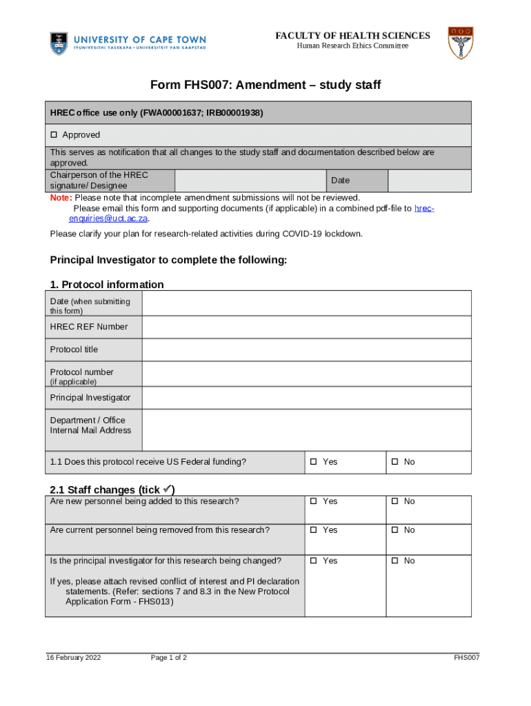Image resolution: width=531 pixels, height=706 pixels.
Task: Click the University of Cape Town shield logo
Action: (x=60, y=43)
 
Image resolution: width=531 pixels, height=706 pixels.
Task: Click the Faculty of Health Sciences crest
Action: (x=460, y=43)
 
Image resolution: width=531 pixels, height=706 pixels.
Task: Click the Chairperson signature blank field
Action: (x=250, y=181)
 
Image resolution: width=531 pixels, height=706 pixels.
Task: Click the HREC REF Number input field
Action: (x=306, y=327)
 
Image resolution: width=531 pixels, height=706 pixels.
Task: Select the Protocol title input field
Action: (x=306, y=350)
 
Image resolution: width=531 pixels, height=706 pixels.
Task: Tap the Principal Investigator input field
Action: (x=306, y=398)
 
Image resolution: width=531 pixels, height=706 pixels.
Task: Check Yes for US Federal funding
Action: (x=313, y=462)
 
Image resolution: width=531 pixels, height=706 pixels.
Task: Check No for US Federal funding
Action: (x=394, y=462)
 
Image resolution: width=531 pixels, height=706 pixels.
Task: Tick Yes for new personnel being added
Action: (x=313, y=501)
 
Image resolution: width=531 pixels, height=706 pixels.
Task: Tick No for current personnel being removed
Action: (x=394, y=530)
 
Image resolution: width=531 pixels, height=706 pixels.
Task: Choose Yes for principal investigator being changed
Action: (x=313, y=561)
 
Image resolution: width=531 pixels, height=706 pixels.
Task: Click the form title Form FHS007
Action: (x=265, y=85)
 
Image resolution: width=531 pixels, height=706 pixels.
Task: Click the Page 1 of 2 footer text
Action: (x=169, y=658)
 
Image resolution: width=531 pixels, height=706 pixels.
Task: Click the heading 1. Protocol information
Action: (x=107, y=284)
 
